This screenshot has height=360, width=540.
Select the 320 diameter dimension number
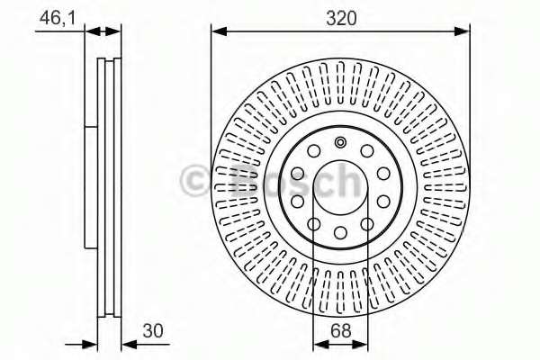point(339,15)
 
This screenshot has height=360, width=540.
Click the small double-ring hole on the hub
point(340,142)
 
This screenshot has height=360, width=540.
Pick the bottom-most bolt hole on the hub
point(340,233)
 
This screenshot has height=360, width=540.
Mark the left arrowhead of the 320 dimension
point(217,31)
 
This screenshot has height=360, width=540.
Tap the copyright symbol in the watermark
point(197,181)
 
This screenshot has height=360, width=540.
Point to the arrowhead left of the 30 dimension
point(90,343)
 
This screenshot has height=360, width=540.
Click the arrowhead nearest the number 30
point(126,343)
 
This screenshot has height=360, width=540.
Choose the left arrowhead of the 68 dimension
point(318,343)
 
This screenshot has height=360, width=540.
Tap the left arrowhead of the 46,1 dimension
point(91,31)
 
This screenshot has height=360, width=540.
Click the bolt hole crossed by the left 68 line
point(314,225)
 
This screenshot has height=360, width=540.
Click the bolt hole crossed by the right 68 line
point(366,225)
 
